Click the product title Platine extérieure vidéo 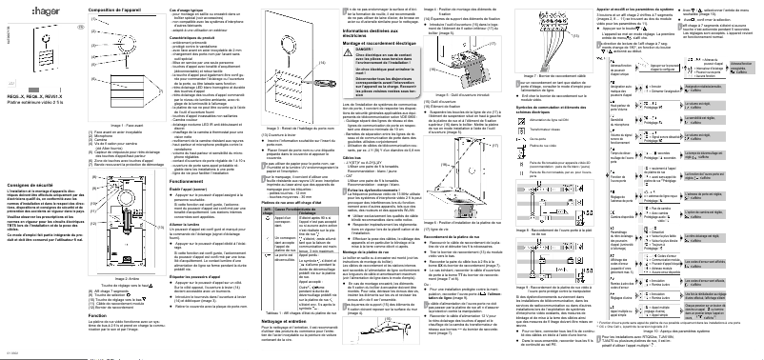[x=39, y=102]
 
